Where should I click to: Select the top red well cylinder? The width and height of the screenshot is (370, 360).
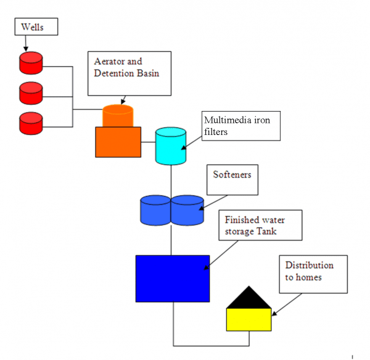coord(30,62)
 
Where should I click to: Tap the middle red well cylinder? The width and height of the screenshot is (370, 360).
coord(30,93)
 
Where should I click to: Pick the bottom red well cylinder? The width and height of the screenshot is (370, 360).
coord(30,123)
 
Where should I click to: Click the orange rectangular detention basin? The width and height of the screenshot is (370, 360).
coord(117,142)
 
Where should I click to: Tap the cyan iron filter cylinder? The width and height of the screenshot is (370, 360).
coord(170,146)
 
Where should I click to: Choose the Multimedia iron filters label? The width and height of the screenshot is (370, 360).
coord(241,126)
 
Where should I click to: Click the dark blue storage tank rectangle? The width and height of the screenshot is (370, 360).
coord(172,278)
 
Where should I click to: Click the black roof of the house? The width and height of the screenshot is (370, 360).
coord(249,300)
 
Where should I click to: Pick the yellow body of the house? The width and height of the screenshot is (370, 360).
coord(249,319)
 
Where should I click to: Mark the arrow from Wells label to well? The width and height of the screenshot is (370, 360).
coord(26,44)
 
